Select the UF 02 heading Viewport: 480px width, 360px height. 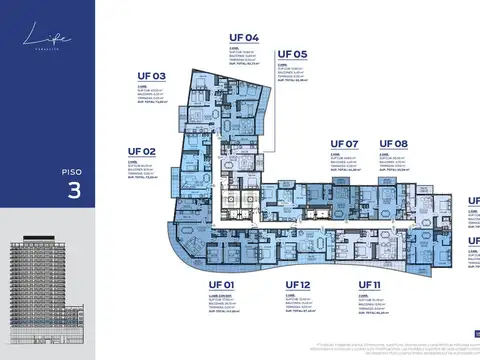click(143, 152)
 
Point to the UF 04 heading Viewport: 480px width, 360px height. click(244, 38)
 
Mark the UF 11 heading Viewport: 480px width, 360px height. click(370, 286)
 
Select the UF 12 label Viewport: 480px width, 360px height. click(298, 286)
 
